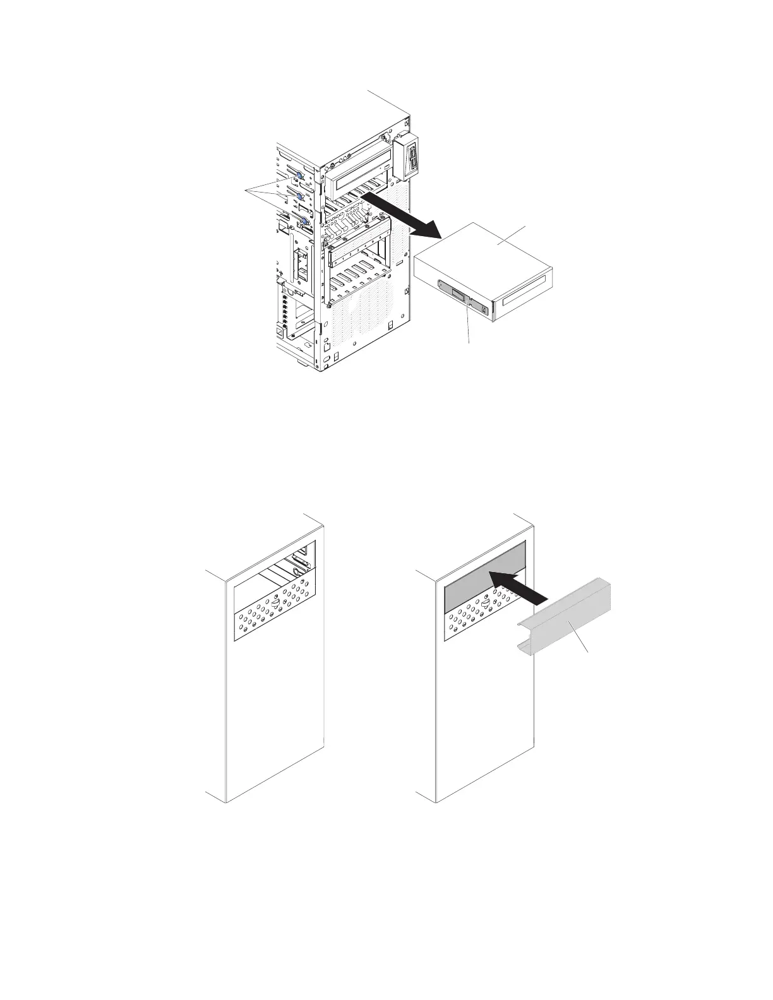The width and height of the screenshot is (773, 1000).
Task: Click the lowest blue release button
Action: [x=305, y=222]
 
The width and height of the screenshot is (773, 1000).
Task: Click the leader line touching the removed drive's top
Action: [x=512, y=235]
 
